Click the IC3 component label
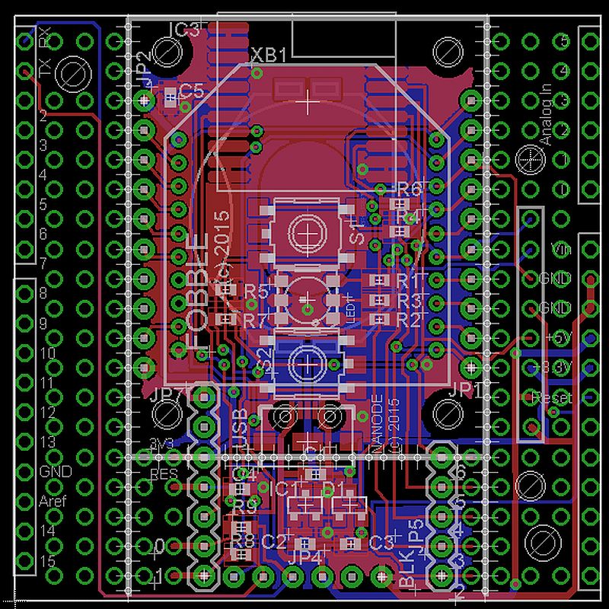[x=184, y=30]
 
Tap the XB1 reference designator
[x=269, y=56]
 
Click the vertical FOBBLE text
[x=196, y=294]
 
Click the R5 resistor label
[x=256, y=291]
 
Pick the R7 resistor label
[x=256, y=319]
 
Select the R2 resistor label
[x=409, y=319]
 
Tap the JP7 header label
[x=168, y=395]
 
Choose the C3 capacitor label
[x=381, y=543]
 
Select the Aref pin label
[x=53, y=502]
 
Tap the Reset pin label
[x=553, y=397]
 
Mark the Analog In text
[x=544, y=115]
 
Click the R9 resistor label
[x=244, y=505]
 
